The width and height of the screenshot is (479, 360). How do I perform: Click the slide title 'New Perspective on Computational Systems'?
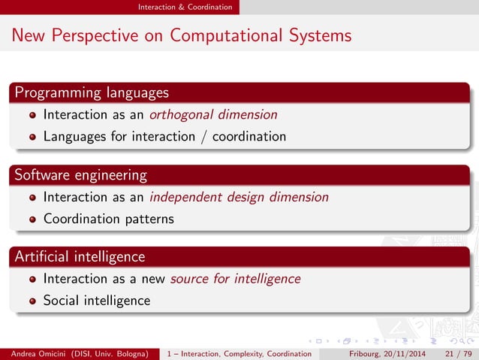[181, 35]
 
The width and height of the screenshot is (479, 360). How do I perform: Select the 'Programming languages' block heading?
[91, 93]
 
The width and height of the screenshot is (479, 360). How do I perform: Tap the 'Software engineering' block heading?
[80, 175]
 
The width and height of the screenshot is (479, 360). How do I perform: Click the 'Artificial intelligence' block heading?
[80, 257]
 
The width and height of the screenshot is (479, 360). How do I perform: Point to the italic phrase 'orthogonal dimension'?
[213, 115]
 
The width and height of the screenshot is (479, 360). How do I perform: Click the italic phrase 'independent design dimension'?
[239, 197]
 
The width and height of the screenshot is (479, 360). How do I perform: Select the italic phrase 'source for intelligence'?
[235, 279]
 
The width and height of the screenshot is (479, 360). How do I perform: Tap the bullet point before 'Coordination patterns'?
[32, 219]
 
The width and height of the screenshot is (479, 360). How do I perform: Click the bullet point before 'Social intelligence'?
[32, 301]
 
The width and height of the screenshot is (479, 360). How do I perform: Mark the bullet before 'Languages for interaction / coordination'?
[32, 138]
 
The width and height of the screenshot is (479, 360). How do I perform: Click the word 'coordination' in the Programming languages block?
[249, 137]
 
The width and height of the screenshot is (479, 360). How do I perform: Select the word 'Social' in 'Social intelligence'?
[62, 301]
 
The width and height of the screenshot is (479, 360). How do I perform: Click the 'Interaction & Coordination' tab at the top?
[185, 7]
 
